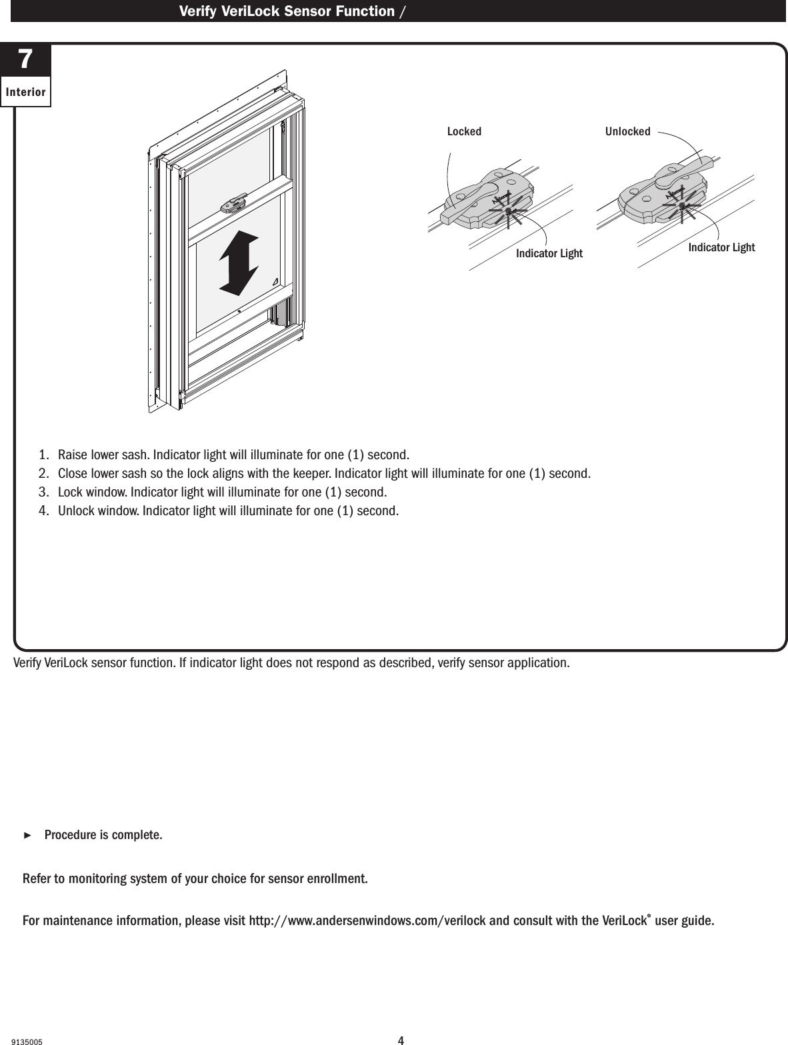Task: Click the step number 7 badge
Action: [25, 60]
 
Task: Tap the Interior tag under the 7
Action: [25, 92]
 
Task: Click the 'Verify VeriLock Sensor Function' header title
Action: [287, 11]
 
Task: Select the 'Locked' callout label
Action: [464, 131]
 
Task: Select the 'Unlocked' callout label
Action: [627, 131]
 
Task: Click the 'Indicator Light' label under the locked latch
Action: [549, 253]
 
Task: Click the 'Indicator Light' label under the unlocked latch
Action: [721, 247]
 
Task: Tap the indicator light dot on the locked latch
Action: [508, 211]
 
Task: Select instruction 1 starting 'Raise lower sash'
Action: [233, 455]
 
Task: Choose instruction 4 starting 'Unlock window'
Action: [229, 511]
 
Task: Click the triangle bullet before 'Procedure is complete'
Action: [27, 835]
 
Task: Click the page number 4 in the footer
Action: [401, 1040]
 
